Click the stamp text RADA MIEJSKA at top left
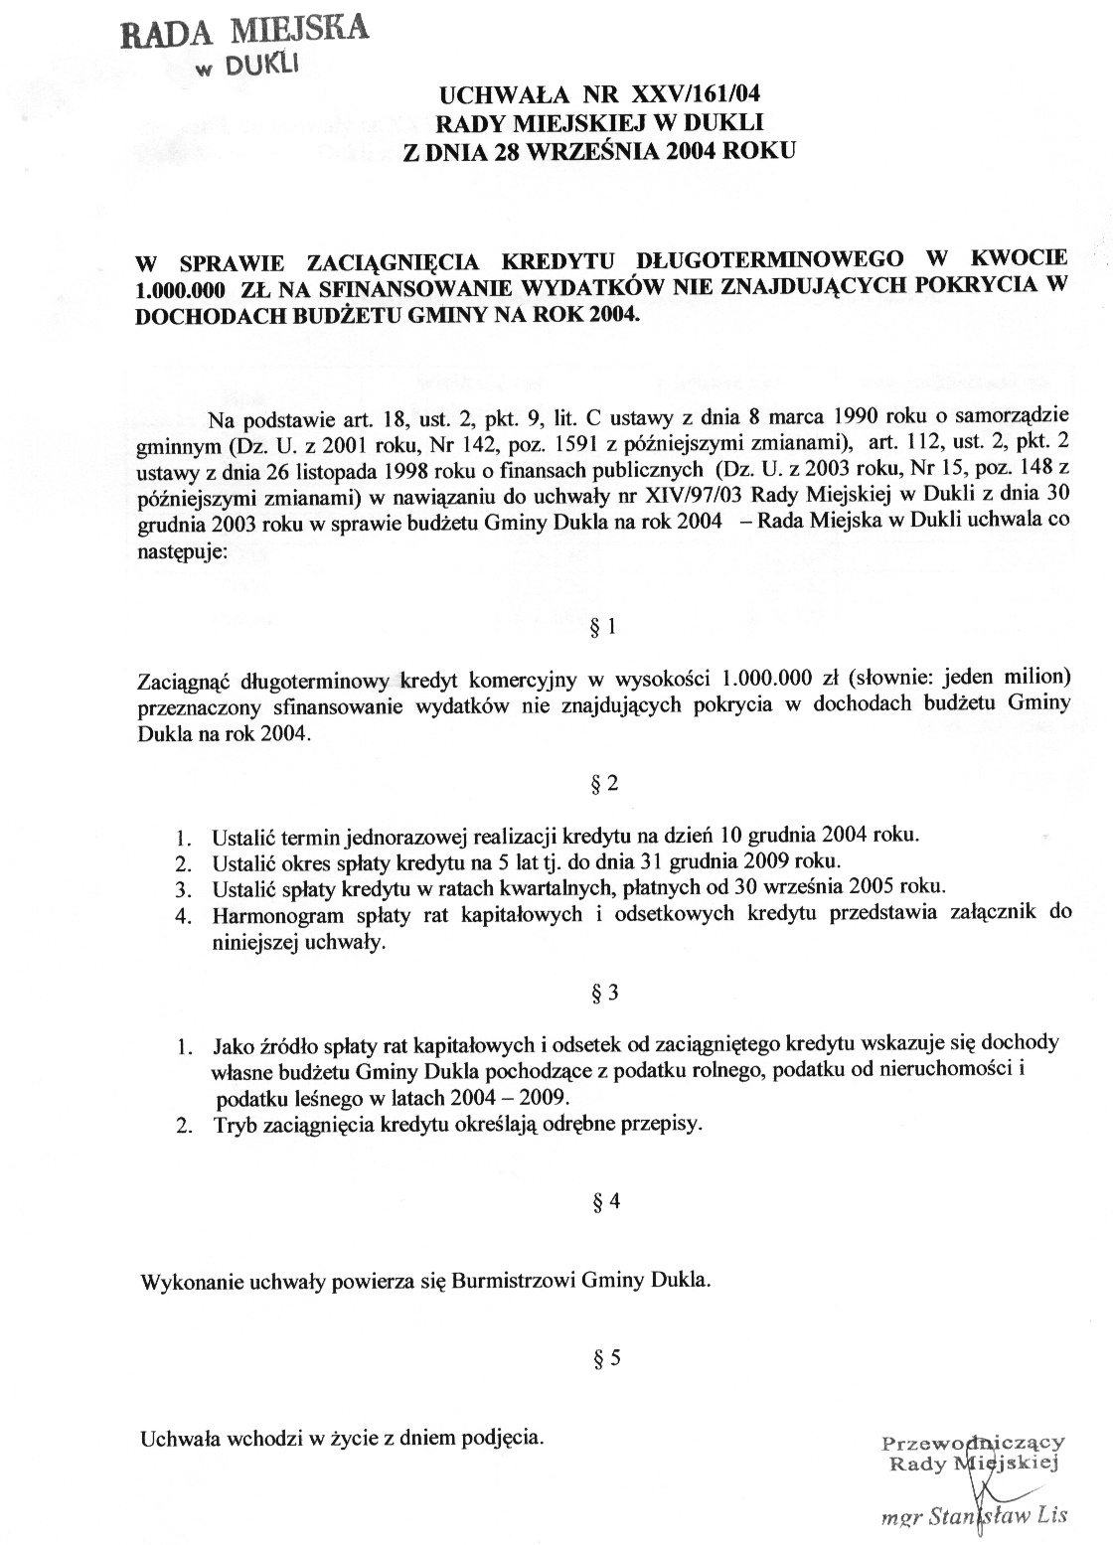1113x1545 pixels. [242, 32]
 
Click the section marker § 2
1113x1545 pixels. [604, 784]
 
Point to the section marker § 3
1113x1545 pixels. [604, 993]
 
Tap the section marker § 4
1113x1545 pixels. [605, 1201]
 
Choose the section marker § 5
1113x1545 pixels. [605, 1358]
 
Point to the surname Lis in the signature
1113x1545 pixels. [1049, 1516]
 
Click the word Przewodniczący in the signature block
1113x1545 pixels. [973, 1443]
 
